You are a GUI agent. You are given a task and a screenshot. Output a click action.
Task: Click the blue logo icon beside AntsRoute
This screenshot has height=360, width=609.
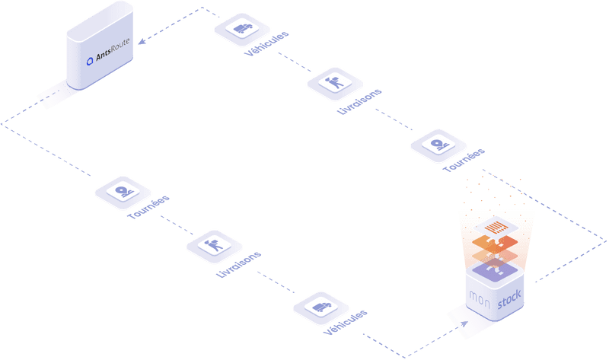(89, 60)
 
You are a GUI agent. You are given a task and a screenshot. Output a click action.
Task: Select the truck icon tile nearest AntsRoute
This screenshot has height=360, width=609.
(241, 28)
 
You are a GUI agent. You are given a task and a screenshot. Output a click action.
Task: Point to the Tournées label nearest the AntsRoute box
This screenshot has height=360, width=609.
(148, 208)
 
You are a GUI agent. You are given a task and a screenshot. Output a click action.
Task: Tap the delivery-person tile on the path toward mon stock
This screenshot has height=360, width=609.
(214, 246)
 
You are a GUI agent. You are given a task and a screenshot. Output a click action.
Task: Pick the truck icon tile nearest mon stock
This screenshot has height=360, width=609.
(320, 308)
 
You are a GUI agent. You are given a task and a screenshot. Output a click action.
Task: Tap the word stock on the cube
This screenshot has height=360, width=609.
(510, 305)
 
